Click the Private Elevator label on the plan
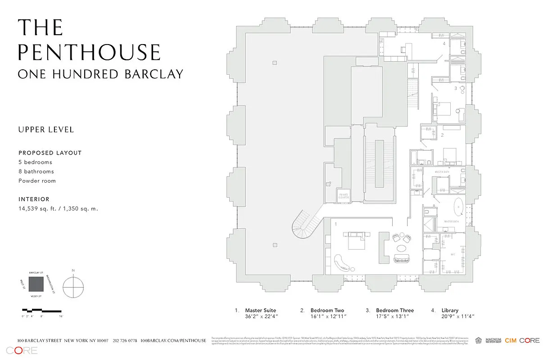pos(344,196)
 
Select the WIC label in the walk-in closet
pos(454,254)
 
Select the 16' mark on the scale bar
pos(60,317)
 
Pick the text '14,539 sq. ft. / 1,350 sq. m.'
pos(58,208)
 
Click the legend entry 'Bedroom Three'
pos(394,310)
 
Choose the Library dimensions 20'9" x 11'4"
pos(458,316)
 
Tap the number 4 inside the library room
pos(444,44)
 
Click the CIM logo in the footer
pos(510,341)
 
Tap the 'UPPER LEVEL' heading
pos(45,130)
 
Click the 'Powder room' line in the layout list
pos(37,181)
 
